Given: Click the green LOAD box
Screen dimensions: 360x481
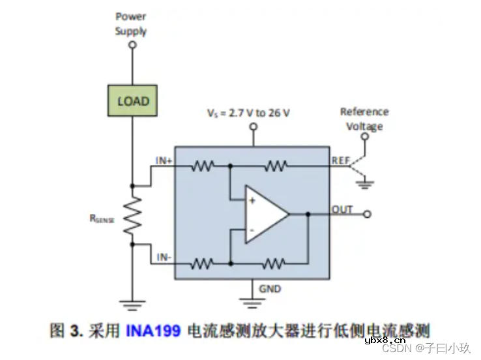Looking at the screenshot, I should (x=133, y=102).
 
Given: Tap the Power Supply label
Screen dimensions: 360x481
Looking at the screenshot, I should (x=131, y=23).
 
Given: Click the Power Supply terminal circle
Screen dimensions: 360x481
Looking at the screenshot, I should (x=133, y=46).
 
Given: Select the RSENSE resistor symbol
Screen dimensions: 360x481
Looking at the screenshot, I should (x=133, y=216).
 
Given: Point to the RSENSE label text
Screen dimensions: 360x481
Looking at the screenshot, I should (x=102, y=220).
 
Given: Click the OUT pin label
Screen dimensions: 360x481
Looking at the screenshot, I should (x=342, y=209).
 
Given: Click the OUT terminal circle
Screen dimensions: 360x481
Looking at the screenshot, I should (x=368, y=214).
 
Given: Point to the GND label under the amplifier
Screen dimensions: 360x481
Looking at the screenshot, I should (x=270, y=288).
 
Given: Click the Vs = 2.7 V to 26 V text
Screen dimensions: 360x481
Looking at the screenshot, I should (x=248, y=113).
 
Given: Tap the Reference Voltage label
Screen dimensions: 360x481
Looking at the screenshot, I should (x=364, y=119).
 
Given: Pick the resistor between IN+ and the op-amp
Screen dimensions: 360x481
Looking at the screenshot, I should (x=203, y=166).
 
